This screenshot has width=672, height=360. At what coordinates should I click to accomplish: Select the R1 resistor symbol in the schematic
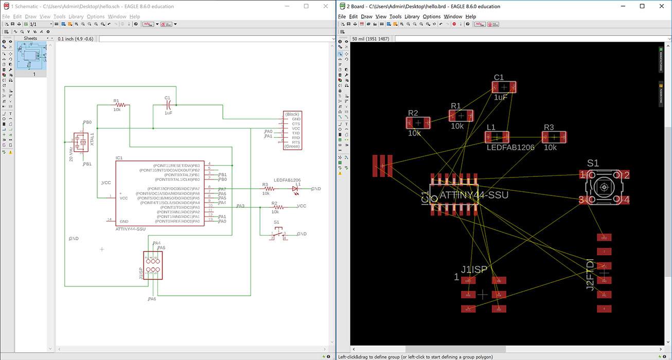click(x=120, y=105)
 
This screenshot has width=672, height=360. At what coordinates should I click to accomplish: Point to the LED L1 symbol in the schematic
click(x=295, y=189)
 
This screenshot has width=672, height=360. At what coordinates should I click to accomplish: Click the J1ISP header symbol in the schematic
click(x=152, y=265)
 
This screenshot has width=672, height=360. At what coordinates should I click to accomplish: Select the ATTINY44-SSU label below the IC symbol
click(x=130, y=228)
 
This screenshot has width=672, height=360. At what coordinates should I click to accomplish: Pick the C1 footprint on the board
click(x=504, y=87)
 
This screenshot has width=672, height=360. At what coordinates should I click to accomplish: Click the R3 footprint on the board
click(x=554, y=137)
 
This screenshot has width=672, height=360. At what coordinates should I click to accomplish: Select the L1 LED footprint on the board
click(x=497, y=137)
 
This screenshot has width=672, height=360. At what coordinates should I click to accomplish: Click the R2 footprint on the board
click(x=418, y=122)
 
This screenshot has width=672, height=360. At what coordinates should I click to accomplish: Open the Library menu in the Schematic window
click(x=76, y=16)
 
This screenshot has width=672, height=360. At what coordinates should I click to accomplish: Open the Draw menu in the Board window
click(x=366, y=16)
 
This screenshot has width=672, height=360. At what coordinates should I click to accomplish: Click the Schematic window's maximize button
click(x=306, y=6)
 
